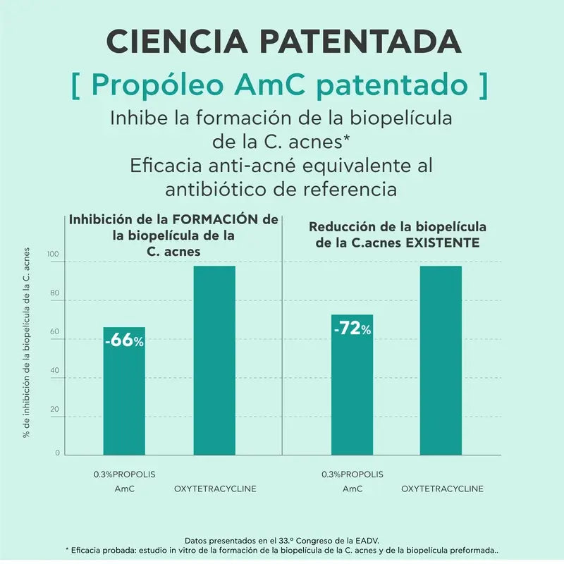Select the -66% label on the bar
pos(124,341)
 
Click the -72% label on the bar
pos(352,329)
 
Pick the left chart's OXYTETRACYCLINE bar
pos(214,360)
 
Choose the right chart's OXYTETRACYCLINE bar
pos(441,360)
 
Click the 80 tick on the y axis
pos(54,293)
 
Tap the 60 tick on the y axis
pos(54,332)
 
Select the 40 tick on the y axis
pos(54,371)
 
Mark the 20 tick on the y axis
pos(54,410)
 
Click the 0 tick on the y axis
pos(57,453)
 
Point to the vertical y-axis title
pos(27,343)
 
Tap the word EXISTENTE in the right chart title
pos(444,243)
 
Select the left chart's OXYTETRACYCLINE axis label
pos(215,489)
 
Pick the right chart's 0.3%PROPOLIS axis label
pos(352,474)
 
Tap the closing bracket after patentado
pos(482,85)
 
